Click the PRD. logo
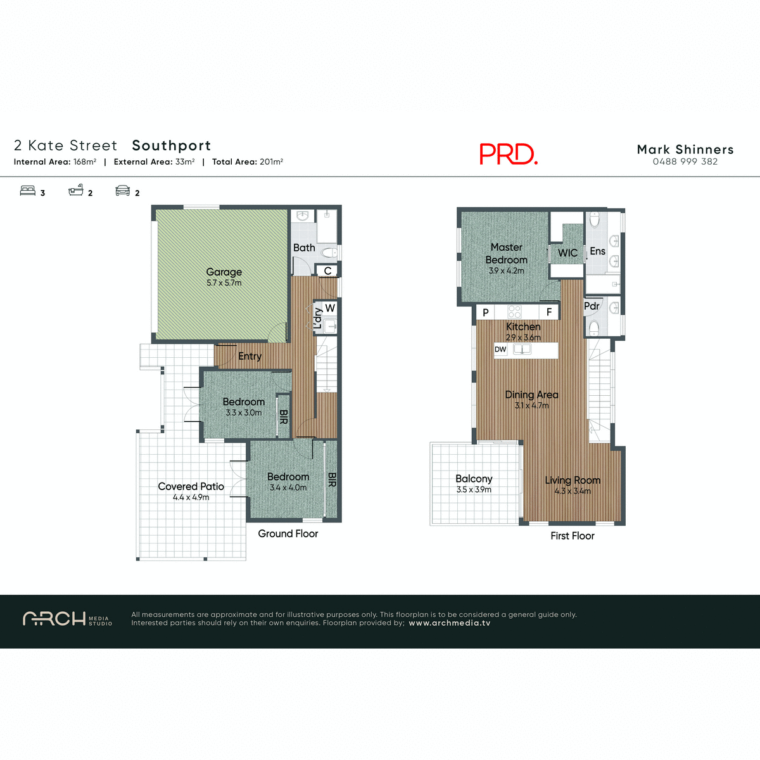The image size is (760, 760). (508, 154)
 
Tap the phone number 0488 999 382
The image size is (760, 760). (685, 161)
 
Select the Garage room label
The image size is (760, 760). (224, 272)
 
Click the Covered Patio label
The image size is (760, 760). (191, 486)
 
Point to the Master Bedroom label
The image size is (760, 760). (506, 253)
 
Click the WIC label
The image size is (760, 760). (567, 253)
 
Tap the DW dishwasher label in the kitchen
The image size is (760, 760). (500, 350)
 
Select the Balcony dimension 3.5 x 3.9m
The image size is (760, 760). (474, 490)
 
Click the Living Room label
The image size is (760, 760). (573, 480)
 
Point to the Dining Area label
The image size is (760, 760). (531, 395)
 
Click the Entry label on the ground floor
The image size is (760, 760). (250, 356)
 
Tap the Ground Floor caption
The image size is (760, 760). (288, 533)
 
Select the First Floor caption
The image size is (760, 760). (572, 536)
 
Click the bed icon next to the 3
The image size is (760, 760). (27, 190)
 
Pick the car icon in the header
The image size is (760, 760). (122, 190)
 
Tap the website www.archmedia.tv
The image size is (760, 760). (449, 623)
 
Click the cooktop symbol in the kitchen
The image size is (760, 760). (514, 312)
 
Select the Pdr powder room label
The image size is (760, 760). (592, 306)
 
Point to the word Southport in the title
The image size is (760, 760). (171, 146)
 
